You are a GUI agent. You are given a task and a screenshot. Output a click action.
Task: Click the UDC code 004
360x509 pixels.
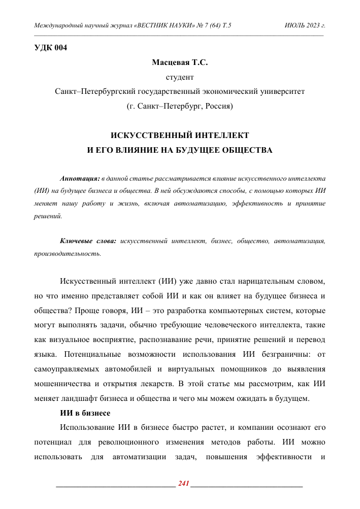[60, 48]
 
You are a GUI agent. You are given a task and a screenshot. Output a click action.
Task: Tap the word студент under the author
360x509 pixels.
[180, 78]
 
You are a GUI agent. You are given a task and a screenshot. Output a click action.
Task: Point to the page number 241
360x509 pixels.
[184, 483]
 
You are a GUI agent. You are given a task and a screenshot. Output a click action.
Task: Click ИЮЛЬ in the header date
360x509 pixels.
[296, 24]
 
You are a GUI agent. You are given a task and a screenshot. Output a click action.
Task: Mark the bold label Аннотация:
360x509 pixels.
[79, 179]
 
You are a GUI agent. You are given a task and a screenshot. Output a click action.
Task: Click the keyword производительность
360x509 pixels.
[67, 253]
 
